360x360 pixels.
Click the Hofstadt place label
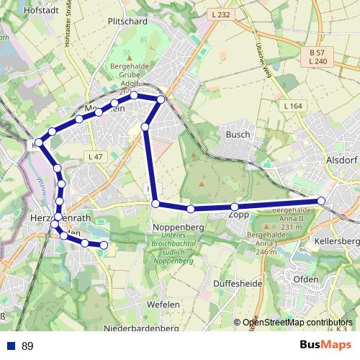click(21, 11)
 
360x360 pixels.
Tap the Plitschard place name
click(127, 22)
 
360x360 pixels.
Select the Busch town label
click(238, 134)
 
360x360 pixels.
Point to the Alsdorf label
click(342, 160)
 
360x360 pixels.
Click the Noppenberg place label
click(178, 227)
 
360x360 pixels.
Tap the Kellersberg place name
click(338, 240)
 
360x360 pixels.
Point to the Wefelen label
click(163, 305)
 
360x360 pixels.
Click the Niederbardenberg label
click(141, 328)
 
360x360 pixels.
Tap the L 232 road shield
click(222, 14)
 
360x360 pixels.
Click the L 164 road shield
click(292, 107)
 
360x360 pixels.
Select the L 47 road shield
click(94, 156)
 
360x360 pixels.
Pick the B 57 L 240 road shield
click(318, 58)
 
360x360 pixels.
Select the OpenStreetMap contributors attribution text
click(297, 323)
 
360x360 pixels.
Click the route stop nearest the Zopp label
click(235, 207)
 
